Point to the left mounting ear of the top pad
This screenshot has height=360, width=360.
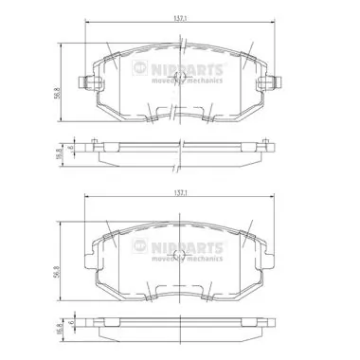point(86,82)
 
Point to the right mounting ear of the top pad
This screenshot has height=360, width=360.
point(275,82)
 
